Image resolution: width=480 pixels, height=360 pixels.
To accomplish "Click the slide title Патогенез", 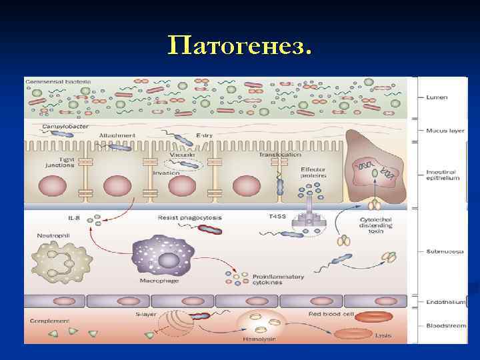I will (240, 46).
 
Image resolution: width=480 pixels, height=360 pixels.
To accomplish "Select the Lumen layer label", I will (437, 97).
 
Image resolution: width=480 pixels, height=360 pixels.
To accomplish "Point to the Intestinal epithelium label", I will (443, 175).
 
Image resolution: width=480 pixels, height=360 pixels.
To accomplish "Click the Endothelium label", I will (445, 302).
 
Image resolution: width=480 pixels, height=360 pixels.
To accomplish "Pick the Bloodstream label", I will (445, 325).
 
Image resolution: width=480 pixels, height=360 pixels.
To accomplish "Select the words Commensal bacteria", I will (58, 82).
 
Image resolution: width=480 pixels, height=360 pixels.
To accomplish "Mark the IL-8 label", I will (75, 217).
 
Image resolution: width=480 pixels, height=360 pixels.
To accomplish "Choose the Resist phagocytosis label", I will (189, 217).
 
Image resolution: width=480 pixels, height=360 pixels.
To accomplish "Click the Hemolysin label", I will (259, 339).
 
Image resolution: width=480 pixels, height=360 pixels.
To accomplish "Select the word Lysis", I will (383, 335).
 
